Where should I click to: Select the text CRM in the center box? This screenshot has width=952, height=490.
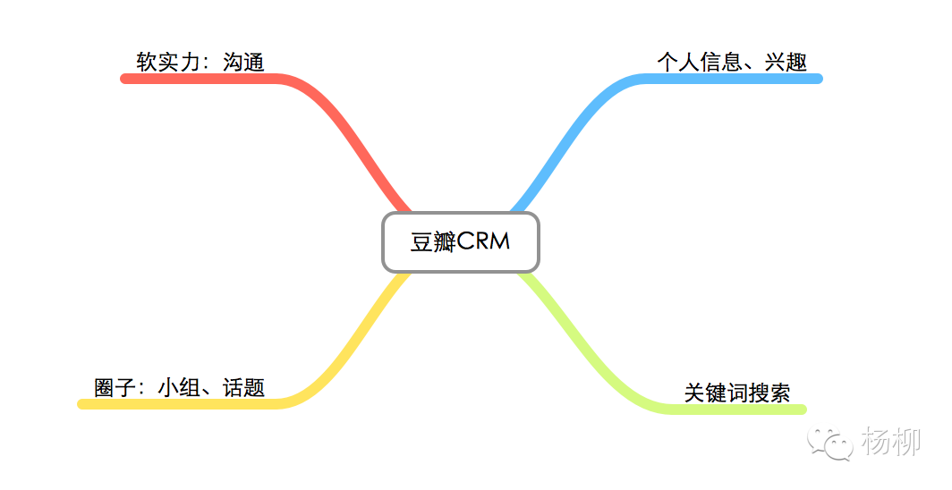pos(484,241)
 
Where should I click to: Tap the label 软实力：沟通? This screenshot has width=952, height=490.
pos(200,62)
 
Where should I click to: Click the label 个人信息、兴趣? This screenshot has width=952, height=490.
pos(732,62)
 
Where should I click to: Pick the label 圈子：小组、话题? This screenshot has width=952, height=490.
pos(179,388)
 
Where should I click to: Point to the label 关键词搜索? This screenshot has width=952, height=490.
pos(737,393)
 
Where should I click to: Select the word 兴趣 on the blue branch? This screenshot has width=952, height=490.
pos(786,62)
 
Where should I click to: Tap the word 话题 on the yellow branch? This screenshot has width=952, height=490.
pos(244,388)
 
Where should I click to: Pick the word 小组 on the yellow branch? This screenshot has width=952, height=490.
pos(178,388)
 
